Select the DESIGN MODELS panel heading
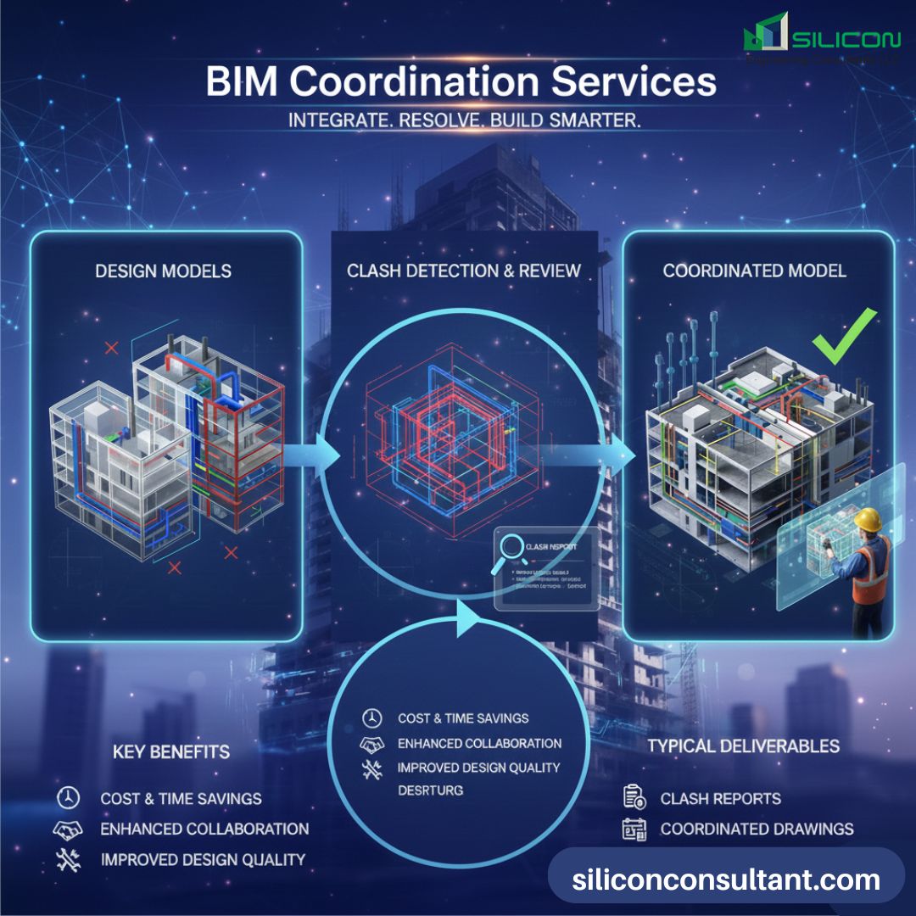pos(164,271)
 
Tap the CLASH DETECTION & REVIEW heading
pos(464,271)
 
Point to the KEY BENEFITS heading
pos(171,752)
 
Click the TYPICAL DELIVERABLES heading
pos(744,746)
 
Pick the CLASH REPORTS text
pos(720,799)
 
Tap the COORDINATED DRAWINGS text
pos(757,829)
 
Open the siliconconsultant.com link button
pos(726,880)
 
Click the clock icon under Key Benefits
pos(68,798)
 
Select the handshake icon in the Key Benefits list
pos(68,829)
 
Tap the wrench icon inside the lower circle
pos(371,769)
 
